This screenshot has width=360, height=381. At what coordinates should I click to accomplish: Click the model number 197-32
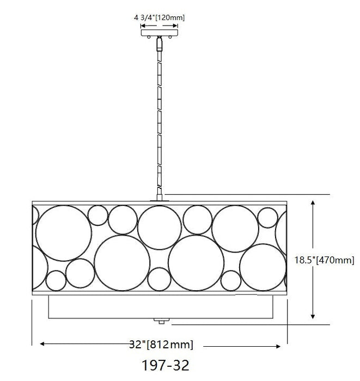point(165,365)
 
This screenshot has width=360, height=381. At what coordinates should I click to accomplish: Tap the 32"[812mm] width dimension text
point(161,345)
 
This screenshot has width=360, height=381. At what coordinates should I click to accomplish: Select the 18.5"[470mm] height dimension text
point(324,260)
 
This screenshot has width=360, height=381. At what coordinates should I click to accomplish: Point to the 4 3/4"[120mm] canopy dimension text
point(159,17)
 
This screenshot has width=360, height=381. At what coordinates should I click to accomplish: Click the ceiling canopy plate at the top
point(159,33)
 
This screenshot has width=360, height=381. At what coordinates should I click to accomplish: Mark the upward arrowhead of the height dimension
point(313,202)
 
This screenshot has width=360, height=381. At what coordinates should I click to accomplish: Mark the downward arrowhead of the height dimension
point(313,316)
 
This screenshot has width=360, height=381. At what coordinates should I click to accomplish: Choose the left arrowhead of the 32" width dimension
point(42,343)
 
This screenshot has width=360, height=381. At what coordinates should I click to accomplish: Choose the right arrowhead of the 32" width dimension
point(278,347)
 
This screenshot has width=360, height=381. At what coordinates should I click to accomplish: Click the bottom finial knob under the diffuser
point(161,321)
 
